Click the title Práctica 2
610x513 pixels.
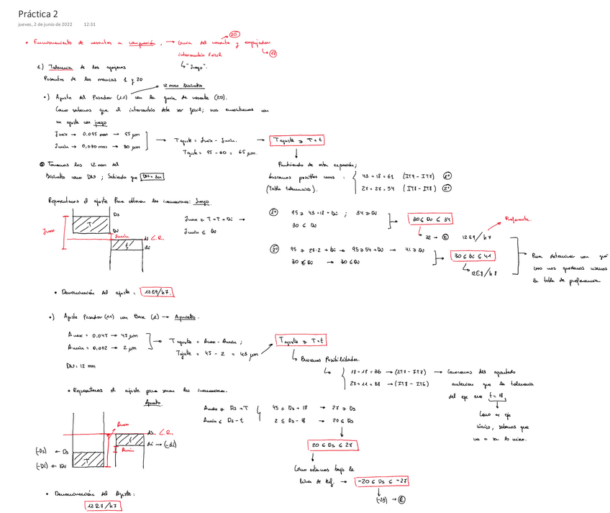pyautogui.click(x=39, y=13)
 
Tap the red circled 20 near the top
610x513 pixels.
pyautogui.click(x=235, y=35)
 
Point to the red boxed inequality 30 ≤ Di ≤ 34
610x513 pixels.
pyautogui.click(x=429, y=219)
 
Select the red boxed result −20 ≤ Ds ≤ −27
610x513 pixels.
pyautogui.click(x=387, y=481)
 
